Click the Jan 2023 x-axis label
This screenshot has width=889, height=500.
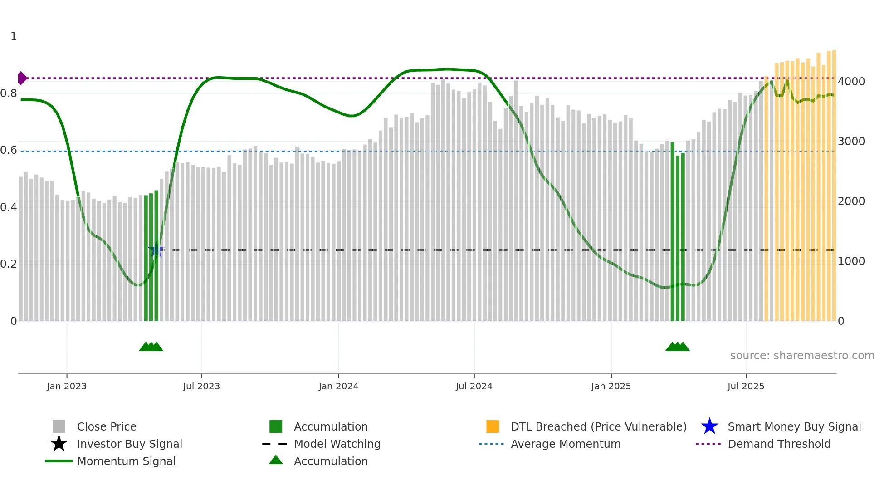66,386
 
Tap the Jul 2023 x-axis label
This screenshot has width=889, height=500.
201,386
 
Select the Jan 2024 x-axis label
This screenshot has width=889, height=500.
338,386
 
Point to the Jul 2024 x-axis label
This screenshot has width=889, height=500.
474,386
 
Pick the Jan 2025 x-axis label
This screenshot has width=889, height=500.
611,386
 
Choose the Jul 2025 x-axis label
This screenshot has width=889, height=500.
746,386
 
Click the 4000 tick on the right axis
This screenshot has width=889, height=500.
851,82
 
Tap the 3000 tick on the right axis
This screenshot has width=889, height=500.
851,142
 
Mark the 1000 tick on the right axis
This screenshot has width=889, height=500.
851,261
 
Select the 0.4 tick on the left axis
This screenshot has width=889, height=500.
9,207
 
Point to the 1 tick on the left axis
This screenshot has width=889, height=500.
14,36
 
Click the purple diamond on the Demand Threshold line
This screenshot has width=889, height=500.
22,78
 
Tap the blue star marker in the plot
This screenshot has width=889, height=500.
156,250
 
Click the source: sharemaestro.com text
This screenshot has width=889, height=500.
802,356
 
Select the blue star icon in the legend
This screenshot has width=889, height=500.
709,426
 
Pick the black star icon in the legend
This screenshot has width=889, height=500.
59,444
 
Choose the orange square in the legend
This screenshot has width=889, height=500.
493,426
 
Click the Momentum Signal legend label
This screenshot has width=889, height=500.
126,461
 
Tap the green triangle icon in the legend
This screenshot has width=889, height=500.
276,460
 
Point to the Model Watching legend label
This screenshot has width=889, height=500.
337,444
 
